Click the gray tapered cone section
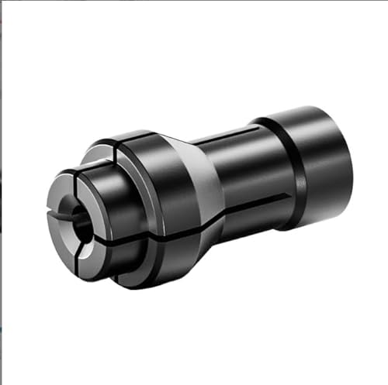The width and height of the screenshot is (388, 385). [x=206, y=186]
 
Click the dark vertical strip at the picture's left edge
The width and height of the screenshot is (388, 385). [x=2, y=194]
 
